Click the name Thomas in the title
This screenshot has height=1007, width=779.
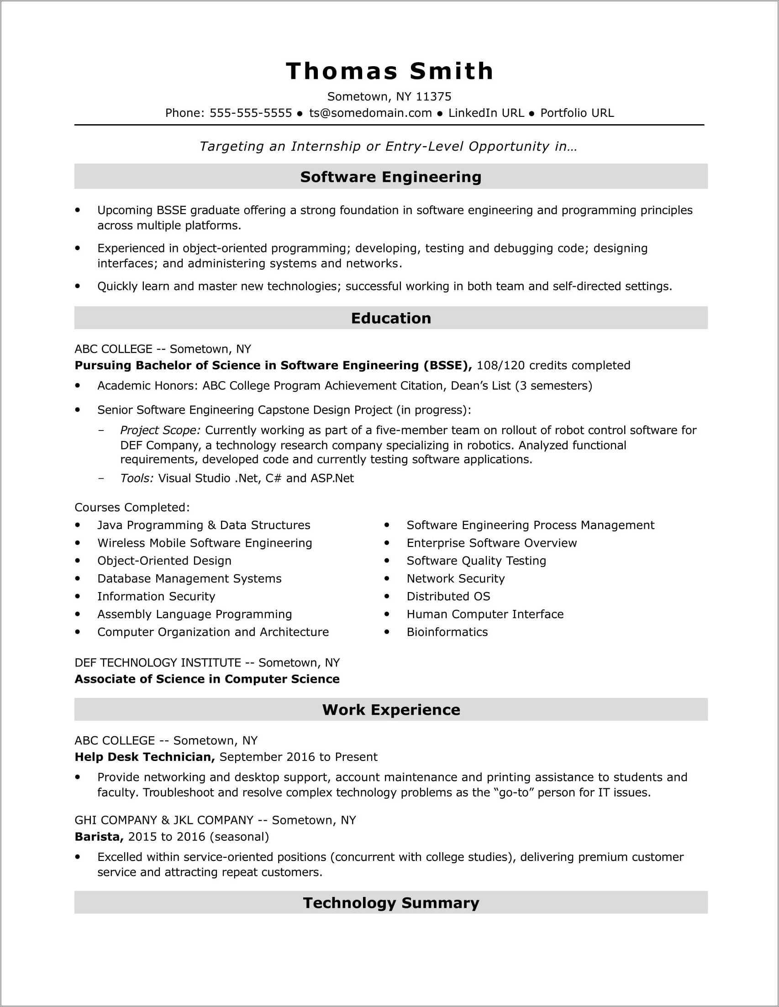pos(341,72)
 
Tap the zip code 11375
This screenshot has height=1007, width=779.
pos(433,96)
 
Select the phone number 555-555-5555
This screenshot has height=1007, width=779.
pos(250,113)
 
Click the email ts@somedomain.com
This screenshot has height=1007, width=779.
pos(370,113)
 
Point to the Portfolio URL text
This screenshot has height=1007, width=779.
pos(577,113)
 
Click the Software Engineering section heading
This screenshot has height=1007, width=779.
pos(391,177)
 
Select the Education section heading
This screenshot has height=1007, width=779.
pos(391,318)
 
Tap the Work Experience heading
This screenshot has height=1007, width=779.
pos(391,710)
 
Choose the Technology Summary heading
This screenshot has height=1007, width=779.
pos(391,902)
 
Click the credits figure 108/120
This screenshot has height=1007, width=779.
pos(500,366)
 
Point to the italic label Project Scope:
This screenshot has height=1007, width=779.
pos(160,430)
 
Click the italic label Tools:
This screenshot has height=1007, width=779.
pos(137,478)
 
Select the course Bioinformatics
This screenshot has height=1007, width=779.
pos(447,632)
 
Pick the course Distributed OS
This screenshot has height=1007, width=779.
pos(448,596)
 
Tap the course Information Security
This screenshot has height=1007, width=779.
pos(156,596)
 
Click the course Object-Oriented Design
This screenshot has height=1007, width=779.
pos(164,561)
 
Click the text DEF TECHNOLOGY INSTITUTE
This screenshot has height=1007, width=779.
pos(158,662)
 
